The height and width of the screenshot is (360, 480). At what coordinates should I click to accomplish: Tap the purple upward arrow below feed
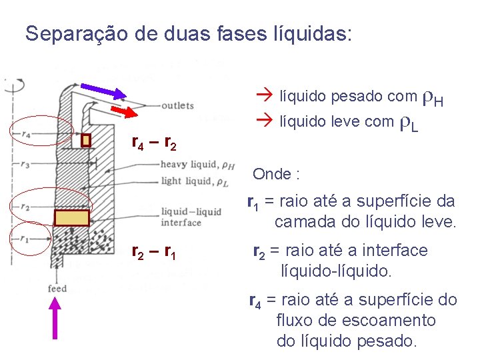point(55,327)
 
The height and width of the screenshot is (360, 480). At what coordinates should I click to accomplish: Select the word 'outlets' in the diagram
point(177,105)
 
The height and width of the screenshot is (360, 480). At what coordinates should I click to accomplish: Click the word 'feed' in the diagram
point(57,289)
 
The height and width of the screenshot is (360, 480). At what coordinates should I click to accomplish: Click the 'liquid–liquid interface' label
point(191,217)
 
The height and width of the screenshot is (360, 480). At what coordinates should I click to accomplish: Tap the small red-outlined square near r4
point(85,141)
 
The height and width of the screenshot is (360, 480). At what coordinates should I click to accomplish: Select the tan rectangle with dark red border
point(71,219)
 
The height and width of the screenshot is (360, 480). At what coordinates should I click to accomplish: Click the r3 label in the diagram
point(25,163)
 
